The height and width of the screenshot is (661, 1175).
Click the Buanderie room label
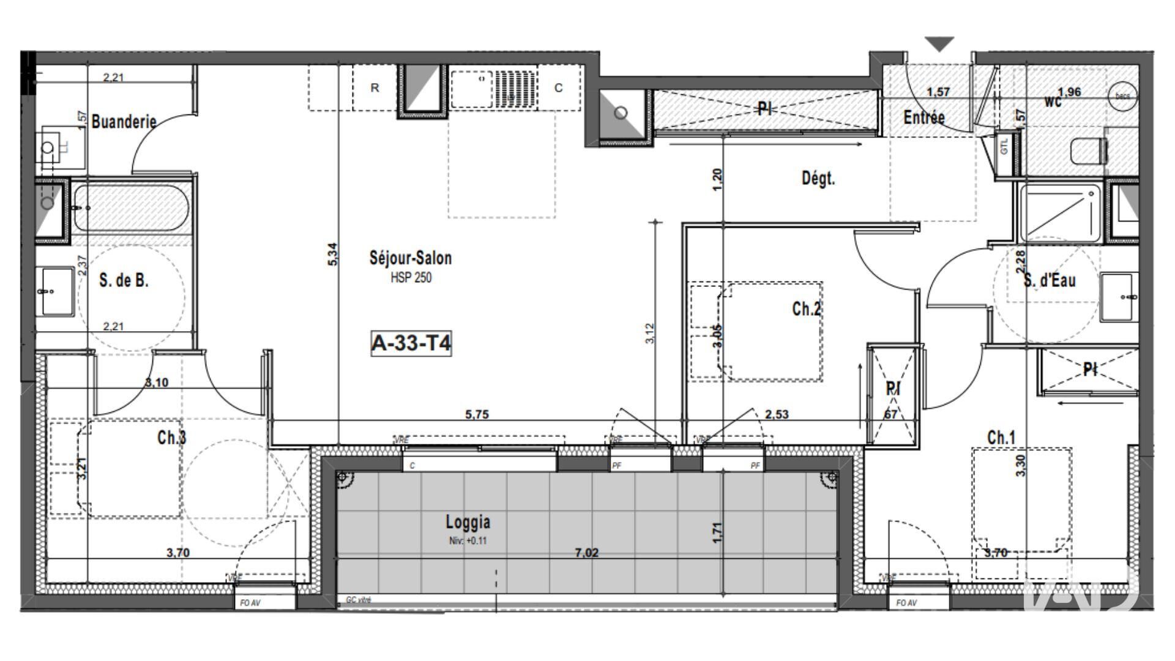point(124,121)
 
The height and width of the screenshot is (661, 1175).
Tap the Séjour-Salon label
point(411,258)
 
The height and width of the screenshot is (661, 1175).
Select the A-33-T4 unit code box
point(411,343)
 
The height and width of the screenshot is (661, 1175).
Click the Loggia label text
point(468,522)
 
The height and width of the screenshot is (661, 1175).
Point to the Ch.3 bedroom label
point(171,438)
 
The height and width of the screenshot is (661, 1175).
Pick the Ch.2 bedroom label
point(806,309)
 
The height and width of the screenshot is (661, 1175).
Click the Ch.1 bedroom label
point(1001,438)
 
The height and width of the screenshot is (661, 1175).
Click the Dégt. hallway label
point(818,179)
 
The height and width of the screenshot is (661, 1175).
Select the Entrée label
point(924,117)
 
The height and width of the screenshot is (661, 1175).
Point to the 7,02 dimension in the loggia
point(586,553)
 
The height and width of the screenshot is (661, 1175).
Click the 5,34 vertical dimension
point(332,253)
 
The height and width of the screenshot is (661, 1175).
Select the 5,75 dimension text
point(477,414)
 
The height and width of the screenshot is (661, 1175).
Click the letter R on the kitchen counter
point(375,88)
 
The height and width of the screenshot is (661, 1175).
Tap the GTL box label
point(1004,147)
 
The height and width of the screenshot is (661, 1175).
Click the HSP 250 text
point(411,278)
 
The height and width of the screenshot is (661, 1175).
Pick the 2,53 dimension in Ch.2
point(777,414)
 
